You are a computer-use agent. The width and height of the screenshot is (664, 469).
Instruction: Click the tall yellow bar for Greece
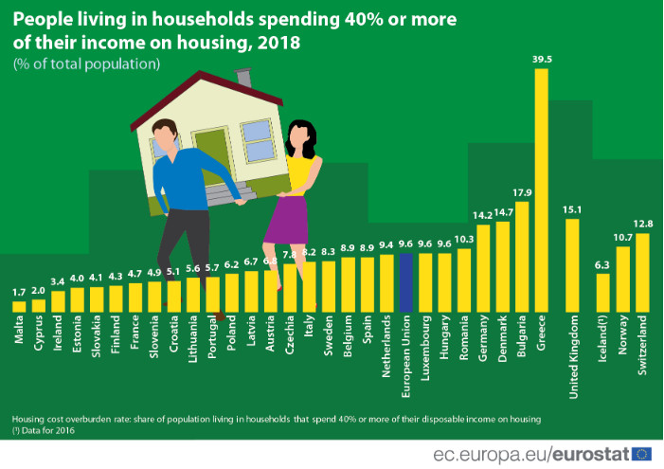pyautogui.click(x=541, y=189)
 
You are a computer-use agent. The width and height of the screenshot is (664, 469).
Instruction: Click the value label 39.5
pyautogui.click(x=541, y=59)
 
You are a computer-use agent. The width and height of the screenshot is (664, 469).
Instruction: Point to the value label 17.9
pyautogui.click(x=522, y=193)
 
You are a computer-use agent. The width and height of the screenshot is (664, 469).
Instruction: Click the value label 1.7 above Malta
pyautogui.click(x=19, y=293)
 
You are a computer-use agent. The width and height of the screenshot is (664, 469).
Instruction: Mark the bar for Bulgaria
pyautogui.click(x=522, y=256)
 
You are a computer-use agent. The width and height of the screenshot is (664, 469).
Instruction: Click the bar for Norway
pyautogui.click(x=622, y=279)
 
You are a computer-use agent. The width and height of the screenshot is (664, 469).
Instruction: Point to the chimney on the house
pyautogui.click(x=244, y=80)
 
